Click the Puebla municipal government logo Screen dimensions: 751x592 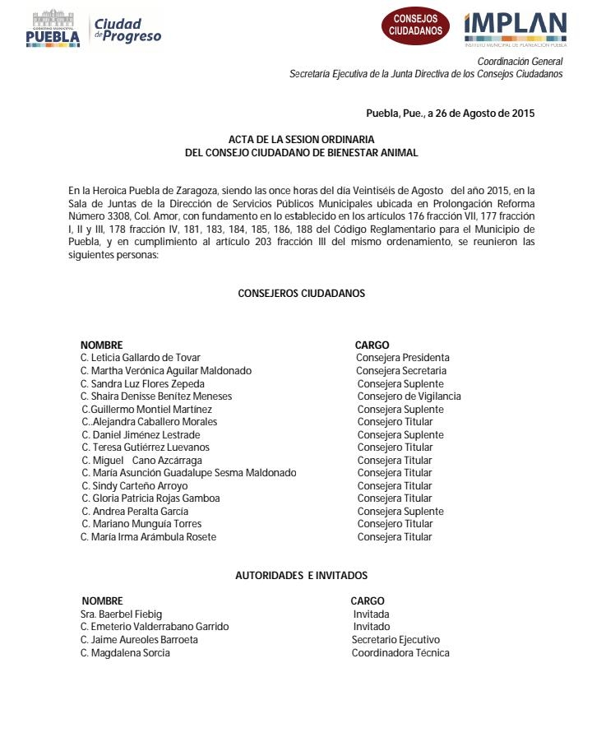click(53, 28)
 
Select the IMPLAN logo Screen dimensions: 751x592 click(515, 28)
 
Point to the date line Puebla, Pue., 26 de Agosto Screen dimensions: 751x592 click(450, 114)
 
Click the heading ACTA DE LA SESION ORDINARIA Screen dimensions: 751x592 click(302, 140)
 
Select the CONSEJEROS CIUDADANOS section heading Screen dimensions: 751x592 click(301, 293)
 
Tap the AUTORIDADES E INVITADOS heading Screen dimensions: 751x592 click(301, 576)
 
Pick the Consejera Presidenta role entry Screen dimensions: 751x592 click(402, 358)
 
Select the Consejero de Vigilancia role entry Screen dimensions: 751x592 click(409, 396)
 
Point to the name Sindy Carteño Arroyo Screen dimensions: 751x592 click(135, 485)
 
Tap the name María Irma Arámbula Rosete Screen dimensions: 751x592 click(149, 537)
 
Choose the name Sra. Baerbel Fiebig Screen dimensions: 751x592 click(121, 614)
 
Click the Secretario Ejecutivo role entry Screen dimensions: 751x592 click(395, 640)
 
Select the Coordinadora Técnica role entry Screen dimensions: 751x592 click(400, 653)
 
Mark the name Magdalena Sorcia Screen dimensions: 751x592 click(125, 653)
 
